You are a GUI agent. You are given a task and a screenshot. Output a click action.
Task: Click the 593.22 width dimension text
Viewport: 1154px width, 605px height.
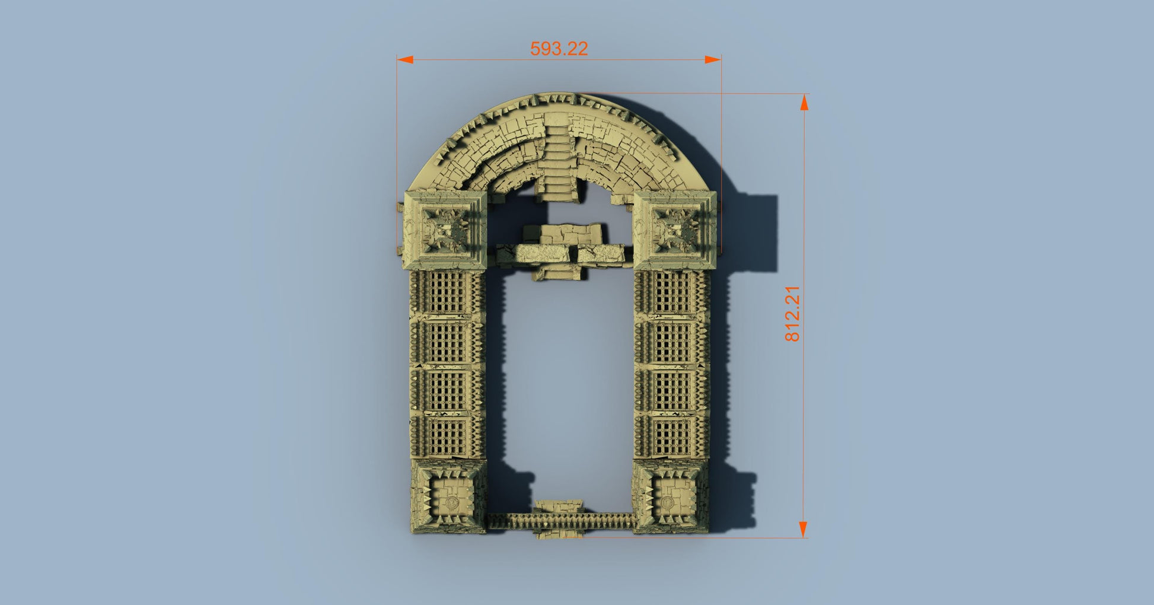tap(559, 49)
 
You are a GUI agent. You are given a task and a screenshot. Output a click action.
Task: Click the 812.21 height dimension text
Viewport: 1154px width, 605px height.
tap(792, 314)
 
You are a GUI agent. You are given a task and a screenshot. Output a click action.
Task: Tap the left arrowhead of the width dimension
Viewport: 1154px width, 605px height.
tap(405, 59)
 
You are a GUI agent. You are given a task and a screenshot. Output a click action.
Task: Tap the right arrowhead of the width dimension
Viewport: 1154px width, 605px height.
tap(713, 59)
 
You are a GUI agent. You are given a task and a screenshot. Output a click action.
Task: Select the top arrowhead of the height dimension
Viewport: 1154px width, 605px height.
tap(804, 103)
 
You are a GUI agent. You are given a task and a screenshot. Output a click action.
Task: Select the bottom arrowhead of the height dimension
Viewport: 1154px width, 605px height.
tap(803, 530)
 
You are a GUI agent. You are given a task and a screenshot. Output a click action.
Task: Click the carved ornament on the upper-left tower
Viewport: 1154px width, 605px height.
tap(446, 229)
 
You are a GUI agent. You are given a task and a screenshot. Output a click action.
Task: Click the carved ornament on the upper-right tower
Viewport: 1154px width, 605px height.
tap(675, 229)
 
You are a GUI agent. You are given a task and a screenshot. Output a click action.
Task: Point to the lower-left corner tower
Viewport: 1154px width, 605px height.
tap(449, 497)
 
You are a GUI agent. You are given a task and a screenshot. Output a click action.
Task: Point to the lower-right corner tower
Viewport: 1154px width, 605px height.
tap(672, 497)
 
